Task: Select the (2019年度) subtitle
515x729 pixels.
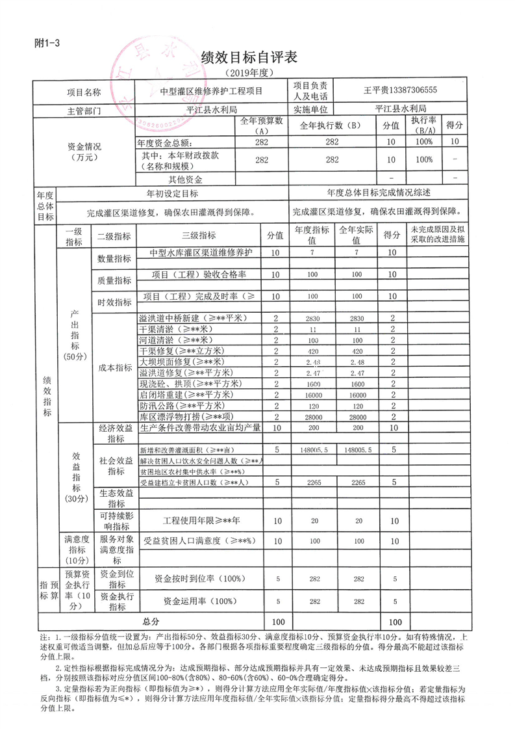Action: point(249,73)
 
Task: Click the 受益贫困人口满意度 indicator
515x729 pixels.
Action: point(200,541)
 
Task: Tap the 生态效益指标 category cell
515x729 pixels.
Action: point(116,498)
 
